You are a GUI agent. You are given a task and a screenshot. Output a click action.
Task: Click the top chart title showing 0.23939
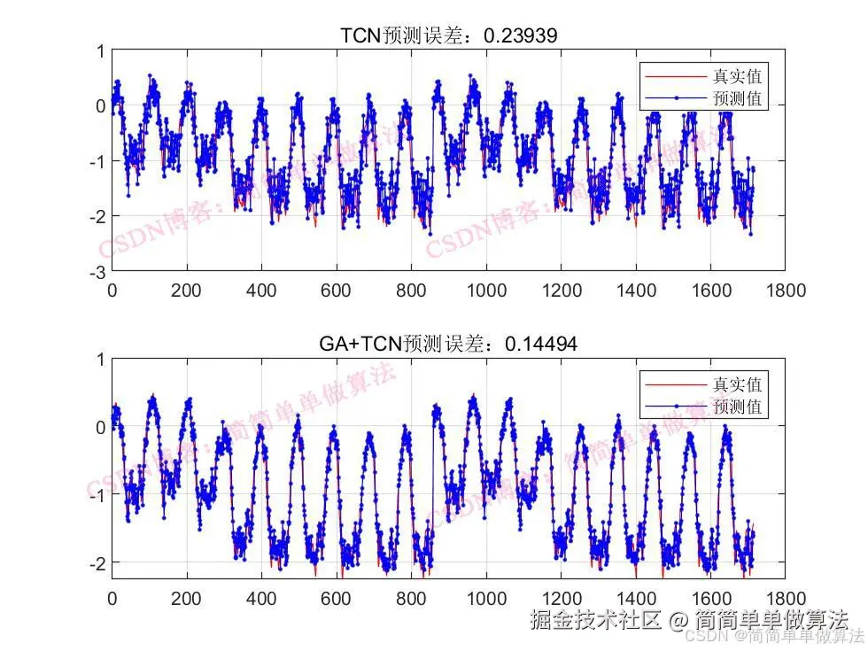[449, 35]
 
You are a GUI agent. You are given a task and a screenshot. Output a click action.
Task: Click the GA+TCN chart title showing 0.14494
[449, 345]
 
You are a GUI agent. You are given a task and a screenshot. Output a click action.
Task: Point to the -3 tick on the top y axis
[99, 271]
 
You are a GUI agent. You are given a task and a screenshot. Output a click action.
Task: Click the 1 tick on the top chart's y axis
[102, 51]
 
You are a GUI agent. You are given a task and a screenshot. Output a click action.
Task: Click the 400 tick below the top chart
[261, 290]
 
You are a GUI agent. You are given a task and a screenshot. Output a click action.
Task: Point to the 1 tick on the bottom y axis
[102, 360]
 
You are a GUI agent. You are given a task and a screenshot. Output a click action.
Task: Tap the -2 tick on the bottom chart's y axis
[99, 562]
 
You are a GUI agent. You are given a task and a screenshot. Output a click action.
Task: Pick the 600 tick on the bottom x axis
[336, 598]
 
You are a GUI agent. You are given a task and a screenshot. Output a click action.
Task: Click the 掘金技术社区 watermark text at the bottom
[595, 619]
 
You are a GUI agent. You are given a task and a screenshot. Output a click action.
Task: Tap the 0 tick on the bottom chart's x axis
[112, 598]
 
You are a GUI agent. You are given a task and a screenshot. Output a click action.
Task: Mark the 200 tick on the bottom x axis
[186, 598]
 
